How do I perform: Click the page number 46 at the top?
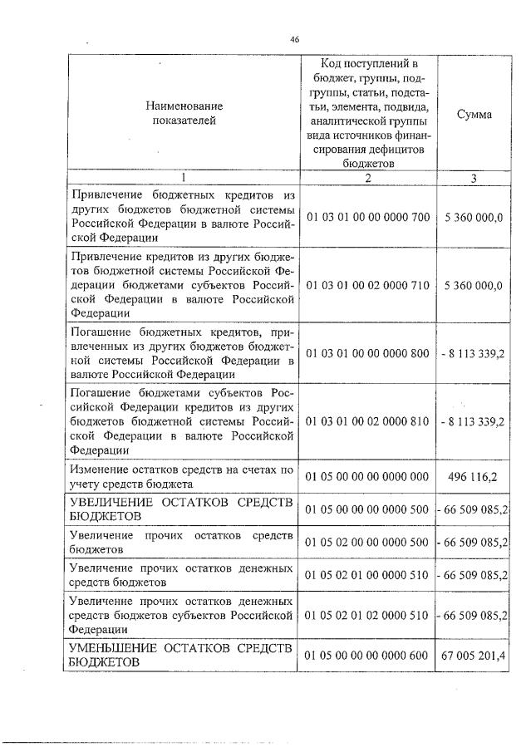click(x=293, y=38)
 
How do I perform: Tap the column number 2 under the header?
click(x=367, y=177)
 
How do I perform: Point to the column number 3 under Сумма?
click(x=474, y=177)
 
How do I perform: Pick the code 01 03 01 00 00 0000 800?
click(x=367, y=353)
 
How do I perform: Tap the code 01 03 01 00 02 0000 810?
click(x=367, y=421)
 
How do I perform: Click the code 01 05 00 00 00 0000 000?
click(x=367, y=475)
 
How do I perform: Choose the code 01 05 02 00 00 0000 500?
click(x=367, y=542)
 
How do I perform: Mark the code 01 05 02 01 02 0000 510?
click(x=367, y=615)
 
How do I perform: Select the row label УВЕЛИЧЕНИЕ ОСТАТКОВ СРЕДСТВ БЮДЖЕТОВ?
click(x=181, y=509)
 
